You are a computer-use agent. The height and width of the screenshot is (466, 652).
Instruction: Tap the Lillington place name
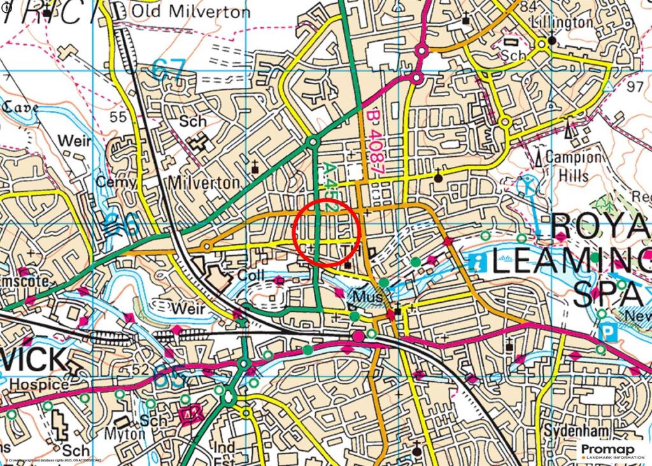[x=563, y=22]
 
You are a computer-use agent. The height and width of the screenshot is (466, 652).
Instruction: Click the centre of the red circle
[x=327, y=232]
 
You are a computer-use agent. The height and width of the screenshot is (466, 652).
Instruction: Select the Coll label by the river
[x=250, y=275]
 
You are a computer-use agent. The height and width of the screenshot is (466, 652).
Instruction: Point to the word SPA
[x=605, y=294]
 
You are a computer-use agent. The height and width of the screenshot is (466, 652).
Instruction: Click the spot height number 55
[x=117, y=117]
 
